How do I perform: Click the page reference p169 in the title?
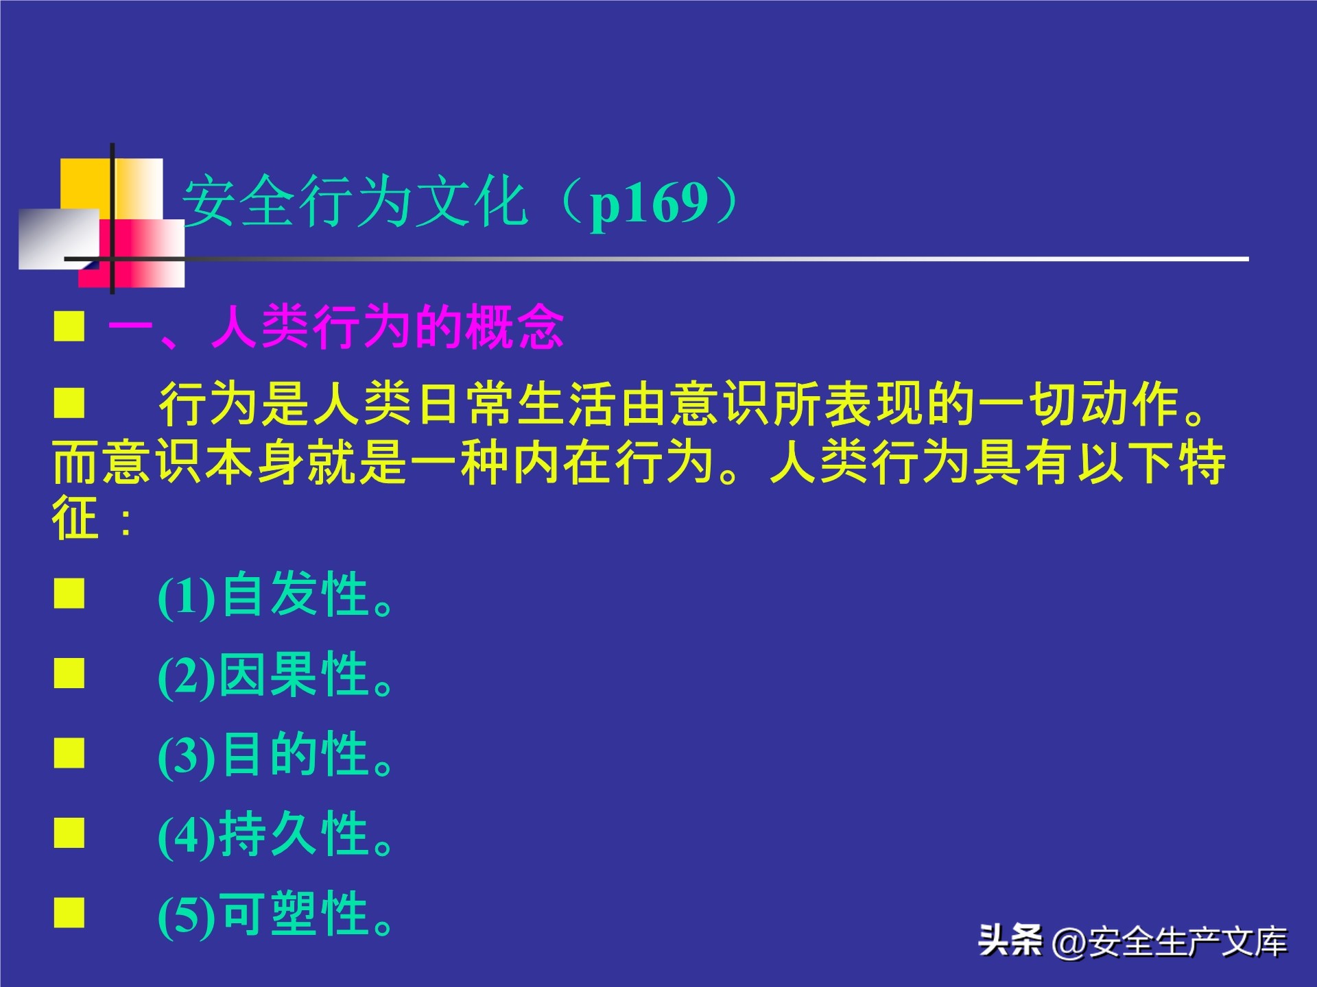coord(649,204)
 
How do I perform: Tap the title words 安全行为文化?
coord(355,202)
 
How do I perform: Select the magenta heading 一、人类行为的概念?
coord(336,327)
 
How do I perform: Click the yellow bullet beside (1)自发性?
coord(69,594)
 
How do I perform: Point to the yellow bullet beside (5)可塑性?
coord(69,913)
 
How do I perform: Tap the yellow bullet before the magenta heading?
coord(69,326)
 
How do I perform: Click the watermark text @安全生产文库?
coord(1170,942)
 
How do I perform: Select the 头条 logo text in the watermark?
coord(1010,940)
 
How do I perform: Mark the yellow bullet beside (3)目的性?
coord(69,753)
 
